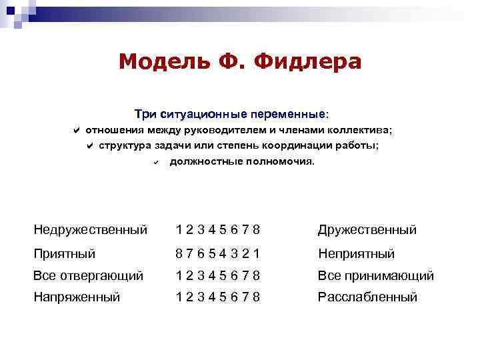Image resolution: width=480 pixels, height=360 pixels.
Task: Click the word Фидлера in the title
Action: (x=312, y=62)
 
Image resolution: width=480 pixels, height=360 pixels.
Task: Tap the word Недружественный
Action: (x=91, y=230)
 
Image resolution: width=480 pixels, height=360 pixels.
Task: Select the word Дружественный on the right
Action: (x=367, y=230)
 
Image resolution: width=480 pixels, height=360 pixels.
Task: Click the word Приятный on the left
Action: (x=65, y=253)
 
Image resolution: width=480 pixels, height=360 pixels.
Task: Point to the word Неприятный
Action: (x=357, y=253)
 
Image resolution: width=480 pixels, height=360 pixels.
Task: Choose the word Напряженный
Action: (x=77, y=297)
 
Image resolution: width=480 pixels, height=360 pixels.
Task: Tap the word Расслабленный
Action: (x=367, y=297)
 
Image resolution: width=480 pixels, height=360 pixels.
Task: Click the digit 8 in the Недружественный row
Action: (x=257, y=230)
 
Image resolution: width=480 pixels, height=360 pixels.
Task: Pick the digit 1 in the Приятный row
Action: (x=257, y=253)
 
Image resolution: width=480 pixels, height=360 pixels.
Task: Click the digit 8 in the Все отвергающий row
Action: (x=257, y=275)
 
